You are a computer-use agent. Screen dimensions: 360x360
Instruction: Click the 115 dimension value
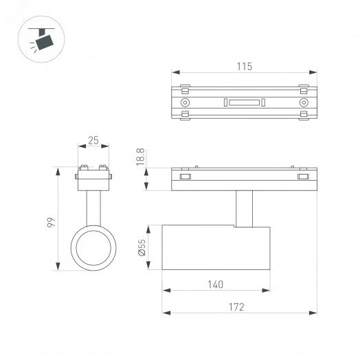[x=245, y=67]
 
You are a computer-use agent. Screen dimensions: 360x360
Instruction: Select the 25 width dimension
[x=94, y=141]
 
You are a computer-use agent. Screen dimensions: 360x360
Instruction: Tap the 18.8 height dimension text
[x=140, y=157]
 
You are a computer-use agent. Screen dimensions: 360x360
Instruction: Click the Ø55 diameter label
[x=141, y=247]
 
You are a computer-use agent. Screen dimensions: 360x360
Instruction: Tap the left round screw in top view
[x=184, y=102]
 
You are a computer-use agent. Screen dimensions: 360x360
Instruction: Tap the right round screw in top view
[x=303, y=102]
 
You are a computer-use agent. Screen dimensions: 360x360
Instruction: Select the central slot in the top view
[x=244, y=102]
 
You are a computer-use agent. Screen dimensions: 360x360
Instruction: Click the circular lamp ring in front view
[x=93, y=248]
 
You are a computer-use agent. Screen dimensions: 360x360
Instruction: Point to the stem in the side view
[x=245, y=208]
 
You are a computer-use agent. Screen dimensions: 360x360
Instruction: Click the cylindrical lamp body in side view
[x=217, y=248]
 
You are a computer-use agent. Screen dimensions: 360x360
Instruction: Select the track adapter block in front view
[x=93, y=180]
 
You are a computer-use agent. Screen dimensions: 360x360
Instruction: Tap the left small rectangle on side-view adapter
[x=184, y=178]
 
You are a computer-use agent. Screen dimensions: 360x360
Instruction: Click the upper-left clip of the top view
[x=184, y=89]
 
